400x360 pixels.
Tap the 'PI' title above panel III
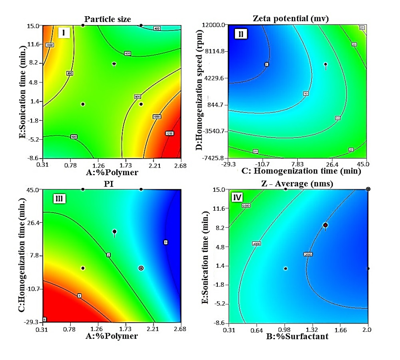click(x=111, y=184)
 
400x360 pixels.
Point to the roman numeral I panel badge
click(x=64, y=33)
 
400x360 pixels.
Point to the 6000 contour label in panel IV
click(x=245, y=205)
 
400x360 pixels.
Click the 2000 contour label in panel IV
click(x=308, y=254)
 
